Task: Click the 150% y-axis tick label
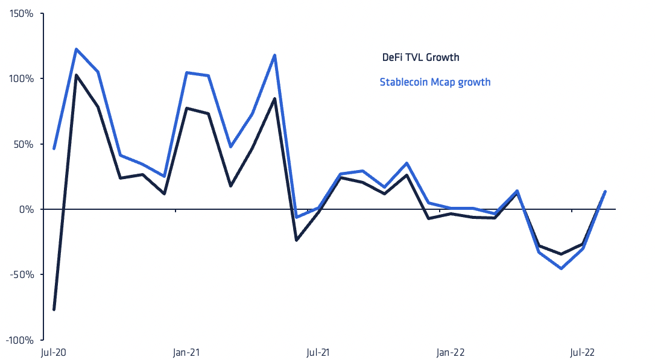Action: [x=21, y=13]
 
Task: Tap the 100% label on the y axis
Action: [x=21, y=78]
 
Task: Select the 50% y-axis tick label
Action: [x=23, y=144]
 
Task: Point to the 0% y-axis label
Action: [x=26, y=209]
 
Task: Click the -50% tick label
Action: [x=22, y=274]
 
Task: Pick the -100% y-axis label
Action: [x=19, y=340]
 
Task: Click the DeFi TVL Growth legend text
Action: [x=420, y=58]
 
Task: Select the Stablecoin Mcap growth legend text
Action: [x=435, y=82]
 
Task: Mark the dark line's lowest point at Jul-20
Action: [x=54, y=309]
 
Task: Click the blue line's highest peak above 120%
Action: [x=77, y=49]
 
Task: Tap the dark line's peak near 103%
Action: [x=77, y=75]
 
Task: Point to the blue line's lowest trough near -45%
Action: [x=562, y=268]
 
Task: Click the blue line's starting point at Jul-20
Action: [x=54, y=148]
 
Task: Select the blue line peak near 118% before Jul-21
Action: [x=275, y=55]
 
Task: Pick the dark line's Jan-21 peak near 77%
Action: [x=186, y=108]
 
